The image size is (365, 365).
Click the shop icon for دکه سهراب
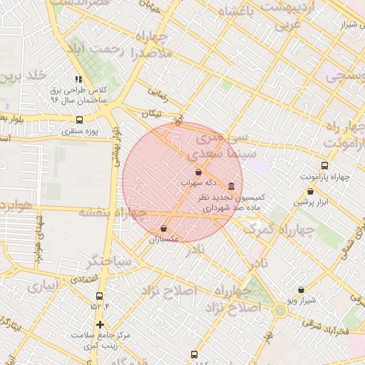tap(198, 172)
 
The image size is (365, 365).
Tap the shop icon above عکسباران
tap(164, 229)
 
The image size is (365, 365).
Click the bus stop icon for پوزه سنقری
tap(78, 120)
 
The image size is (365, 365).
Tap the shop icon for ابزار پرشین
tap(310, 191)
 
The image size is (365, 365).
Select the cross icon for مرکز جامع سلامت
tap(100, 325)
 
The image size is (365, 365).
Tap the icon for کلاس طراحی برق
tap(78, 80)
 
